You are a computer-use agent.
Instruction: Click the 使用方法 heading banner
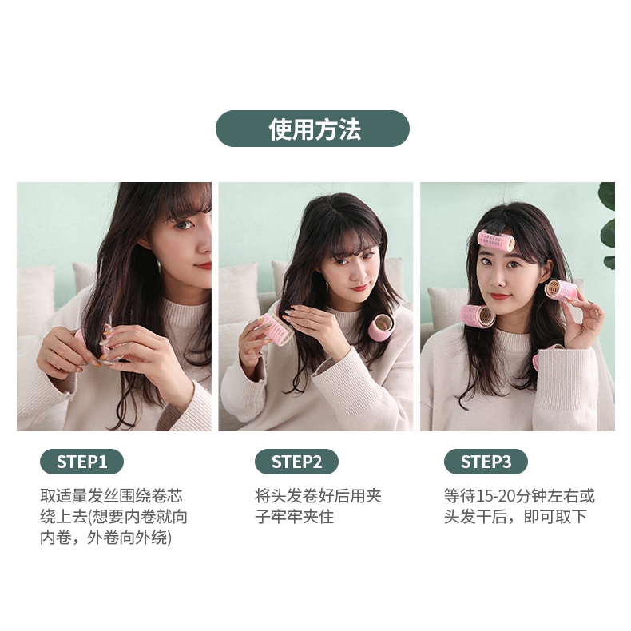click(x=312, y=129)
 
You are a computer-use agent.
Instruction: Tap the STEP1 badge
click(x=81, y=462)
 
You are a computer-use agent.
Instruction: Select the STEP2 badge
click(x=296, y=462)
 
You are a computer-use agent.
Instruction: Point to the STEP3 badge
click(x=486, y=462)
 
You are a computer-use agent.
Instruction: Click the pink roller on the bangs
click(x=496, y=241)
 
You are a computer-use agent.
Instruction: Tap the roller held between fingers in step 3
click(x=561, y=291)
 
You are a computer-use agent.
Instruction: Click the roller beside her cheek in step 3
click(x=478, y=317)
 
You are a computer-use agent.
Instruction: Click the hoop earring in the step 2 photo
click(x=327, y=288)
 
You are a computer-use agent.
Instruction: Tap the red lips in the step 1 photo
click(x=204, y=266)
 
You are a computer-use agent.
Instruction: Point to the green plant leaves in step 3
click(x=607, y=225)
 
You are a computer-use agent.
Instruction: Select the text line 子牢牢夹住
click(x=295, y=517)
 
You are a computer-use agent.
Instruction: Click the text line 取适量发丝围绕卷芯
click(x=112, y=496)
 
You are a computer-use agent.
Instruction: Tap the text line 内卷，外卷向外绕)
click(x=106, y=538)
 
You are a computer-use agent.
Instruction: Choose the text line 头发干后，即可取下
click(x=515, y=517)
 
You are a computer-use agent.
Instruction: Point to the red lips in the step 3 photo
click(x=500, y=296)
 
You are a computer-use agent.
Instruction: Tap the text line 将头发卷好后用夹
click(x=319, y=496)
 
